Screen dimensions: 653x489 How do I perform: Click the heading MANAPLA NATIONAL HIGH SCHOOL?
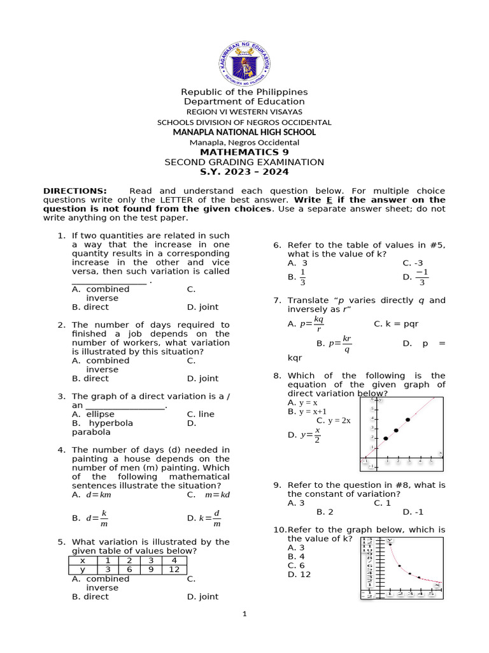pyautogui.click(x=244, y=132)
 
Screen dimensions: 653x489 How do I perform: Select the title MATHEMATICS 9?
pyautogui.click(x=244, y=152)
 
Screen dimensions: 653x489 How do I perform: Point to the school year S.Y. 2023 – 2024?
pyautogui.click(x=244, y=172)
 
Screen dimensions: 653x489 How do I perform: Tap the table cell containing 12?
pyautogui.click(x=175, y=569)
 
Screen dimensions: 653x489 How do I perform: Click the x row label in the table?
pyautogui.click(x=83, y=561)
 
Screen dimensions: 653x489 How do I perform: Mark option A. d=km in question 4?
pyautogui.click(x=92, y=494)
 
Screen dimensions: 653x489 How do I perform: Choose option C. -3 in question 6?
pyautogui.click(x=413, y=263)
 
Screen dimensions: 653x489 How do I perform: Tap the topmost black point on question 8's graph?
pyautogui.click(x=407, y=420)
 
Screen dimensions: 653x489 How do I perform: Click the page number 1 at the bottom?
pyautogui.click(x=244, y=614)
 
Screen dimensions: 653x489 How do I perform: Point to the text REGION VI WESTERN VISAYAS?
pyautogui.click(x=244, y=112)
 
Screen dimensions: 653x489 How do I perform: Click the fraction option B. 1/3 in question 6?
pyautogui.click(x=297, y=277)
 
